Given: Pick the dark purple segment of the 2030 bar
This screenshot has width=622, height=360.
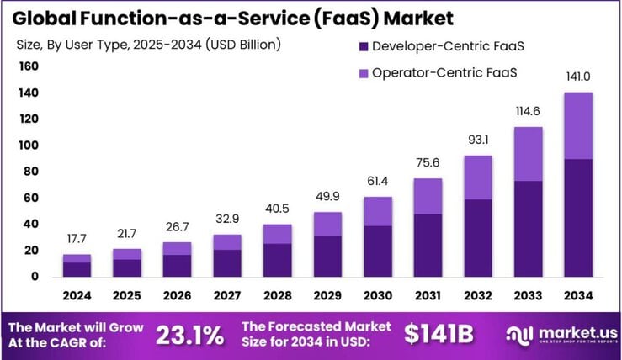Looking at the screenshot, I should tap(378, 251).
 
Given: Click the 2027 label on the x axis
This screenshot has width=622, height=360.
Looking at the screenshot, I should tap(226, 296).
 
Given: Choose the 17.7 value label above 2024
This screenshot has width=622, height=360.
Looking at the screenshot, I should tap(77, 239).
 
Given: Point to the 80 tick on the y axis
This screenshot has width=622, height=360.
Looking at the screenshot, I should tap(31, 172).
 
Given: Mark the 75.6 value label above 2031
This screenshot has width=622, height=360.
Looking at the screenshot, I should tap(427, 162).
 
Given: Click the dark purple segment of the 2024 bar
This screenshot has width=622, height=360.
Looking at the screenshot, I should tap(77, 269).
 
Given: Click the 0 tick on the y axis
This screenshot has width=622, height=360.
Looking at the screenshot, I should tap(35, 277).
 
